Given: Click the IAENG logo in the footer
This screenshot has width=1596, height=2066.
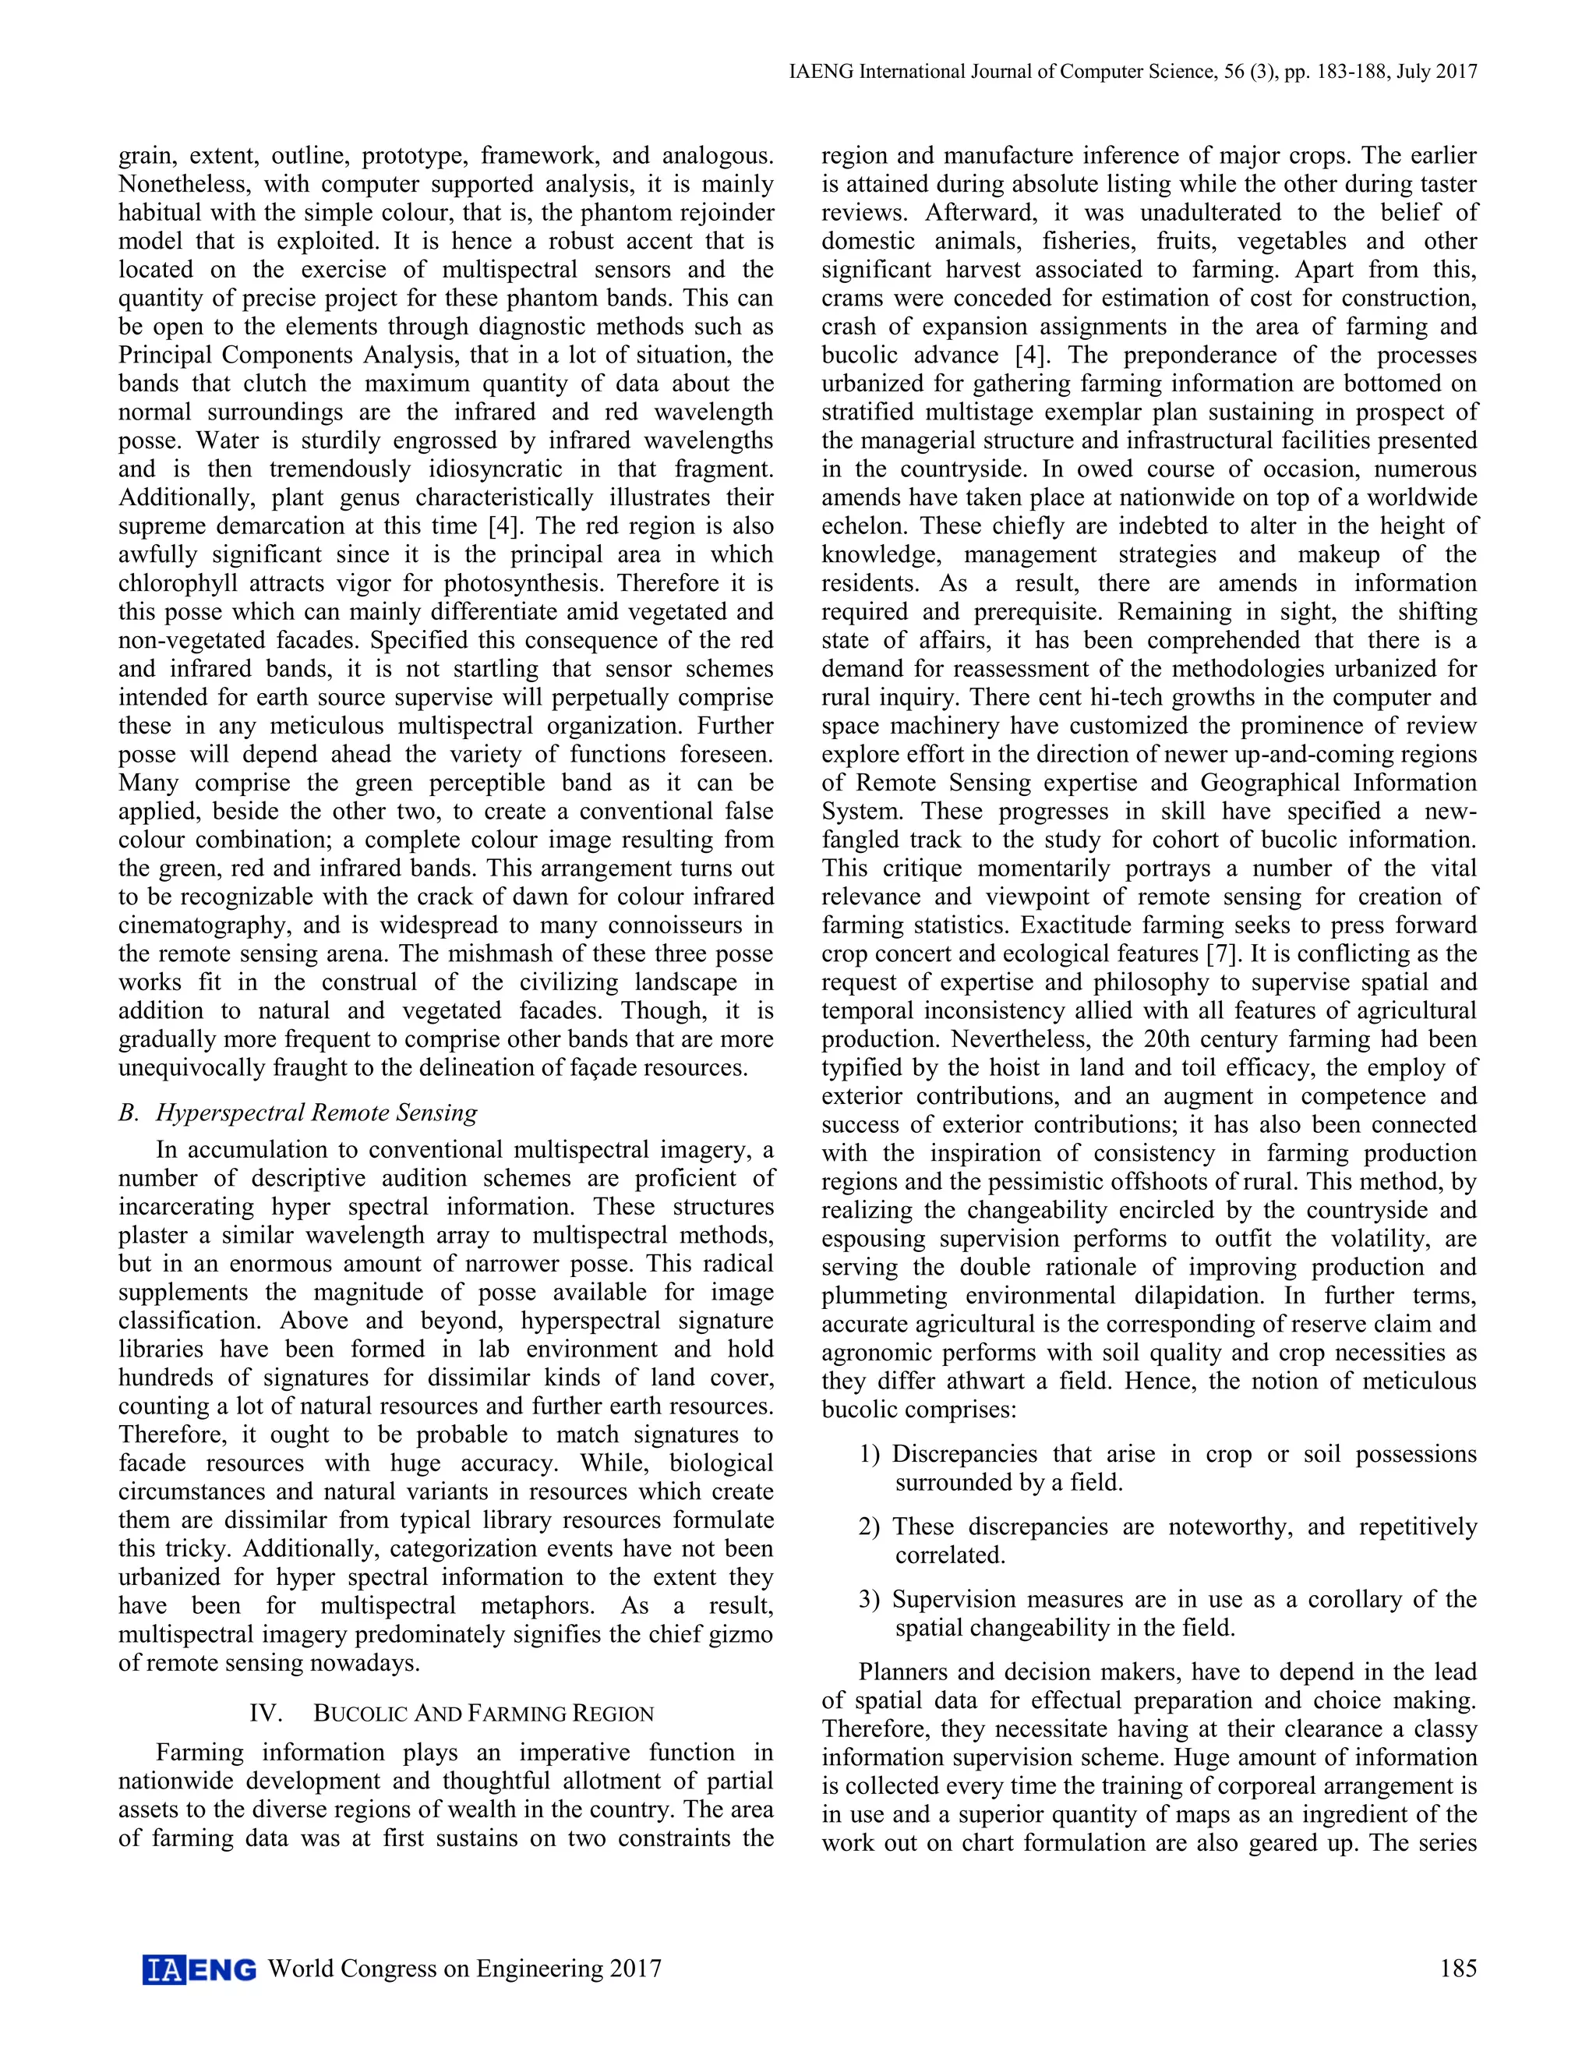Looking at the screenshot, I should tap(199, 1969).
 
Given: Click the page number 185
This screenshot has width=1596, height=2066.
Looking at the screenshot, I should tap(1457, 1969).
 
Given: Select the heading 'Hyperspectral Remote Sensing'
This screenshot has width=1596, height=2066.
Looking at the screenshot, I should tap(316, 1113).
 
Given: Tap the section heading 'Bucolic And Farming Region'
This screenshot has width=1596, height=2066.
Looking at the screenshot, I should tap(483, 1714).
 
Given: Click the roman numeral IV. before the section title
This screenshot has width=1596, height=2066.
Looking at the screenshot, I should tap(266, 1714).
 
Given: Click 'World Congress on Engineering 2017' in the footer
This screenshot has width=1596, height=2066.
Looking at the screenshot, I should tap(465, 1969).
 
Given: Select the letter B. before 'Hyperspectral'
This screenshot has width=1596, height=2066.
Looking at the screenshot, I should tap(129, 1113).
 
